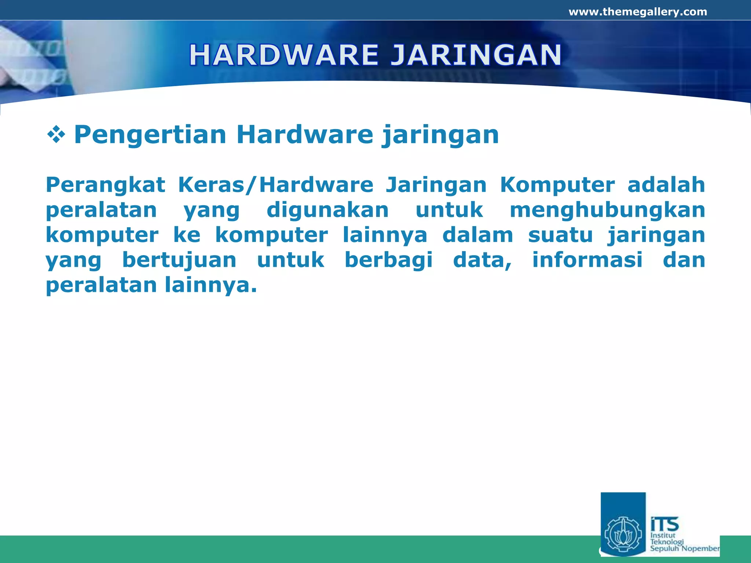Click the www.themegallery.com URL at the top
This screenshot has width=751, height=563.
[638, 12]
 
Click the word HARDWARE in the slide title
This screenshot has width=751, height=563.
[283, 55]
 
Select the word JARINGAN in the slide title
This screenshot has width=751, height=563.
[476, 55]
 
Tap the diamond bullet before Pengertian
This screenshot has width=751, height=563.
[56, 135]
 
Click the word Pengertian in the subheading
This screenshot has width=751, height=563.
[150, 135]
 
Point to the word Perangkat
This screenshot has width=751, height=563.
[106, 185]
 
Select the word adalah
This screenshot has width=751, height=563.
[666, 184]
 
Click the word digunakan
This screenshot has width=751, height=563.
[327, 210]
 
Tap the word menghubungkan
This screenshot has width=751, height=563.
[607, 210]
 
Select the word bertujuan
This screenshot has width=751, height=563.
[179, 260]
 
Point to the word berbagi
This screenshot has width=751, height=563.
[389, 260]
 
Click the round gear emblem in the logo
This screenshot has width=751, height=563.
[623, 536]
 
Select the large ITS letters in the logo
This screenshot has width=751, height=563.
[664, 524]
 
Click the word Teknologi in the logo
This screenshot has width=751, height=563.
[667, 542]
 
